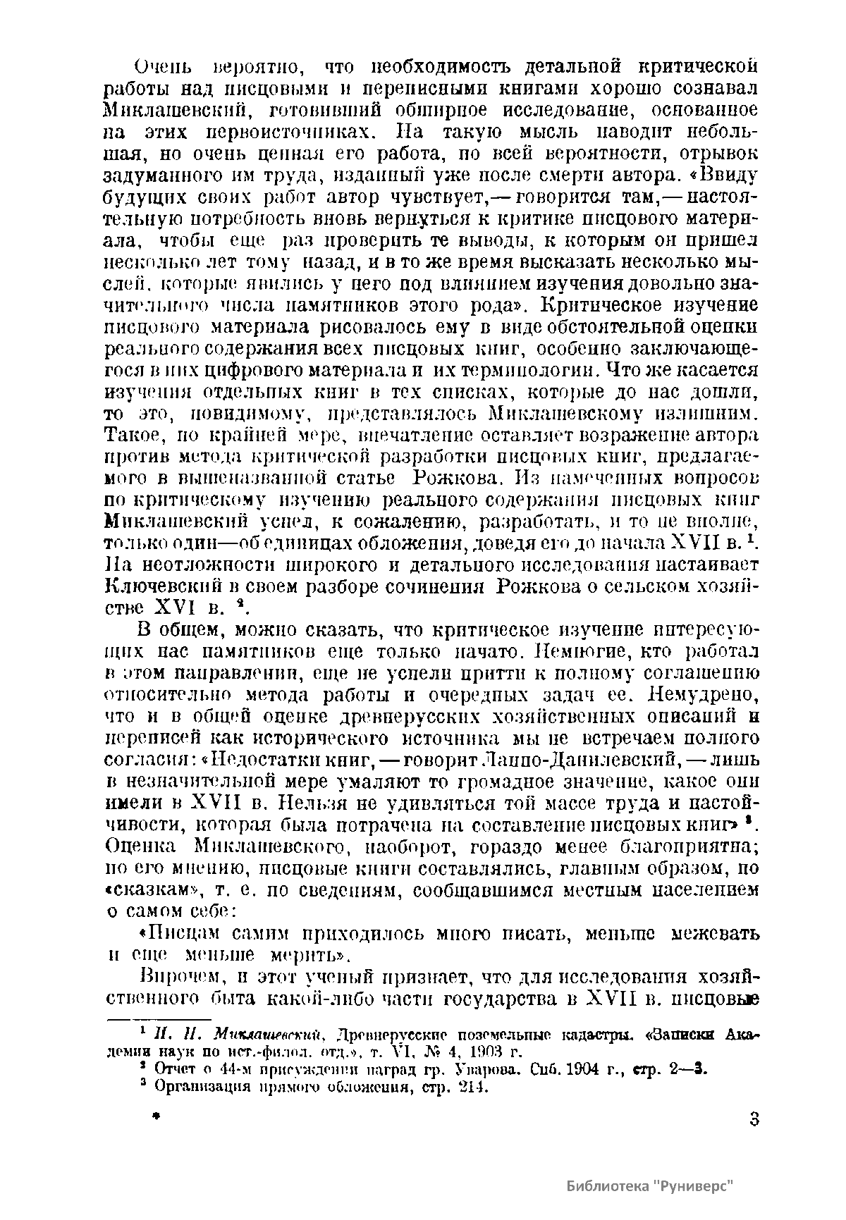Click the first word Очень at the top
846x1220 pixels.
pos(164,68)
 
